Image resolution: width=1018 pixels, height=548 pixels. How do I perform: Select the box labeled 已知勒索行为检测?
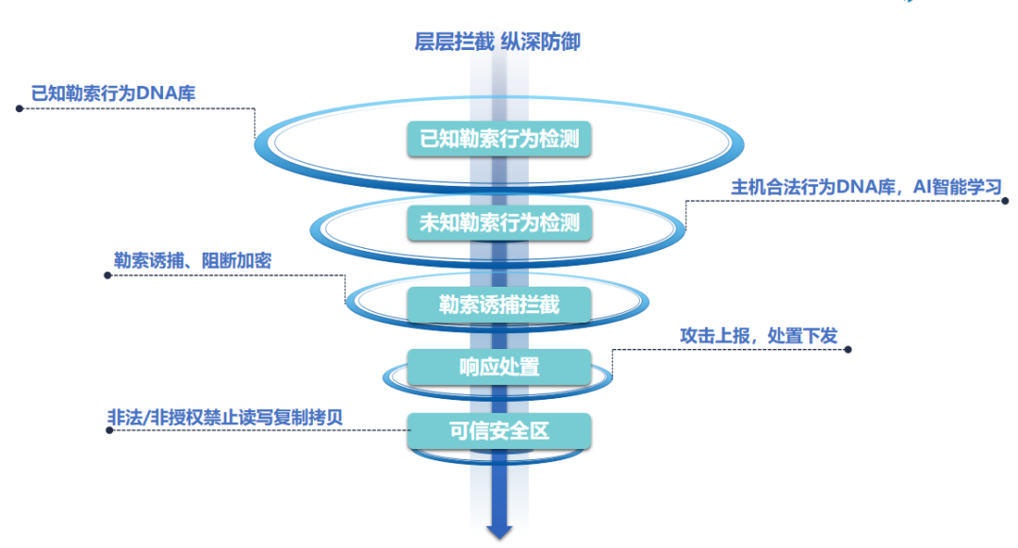pos(500,140)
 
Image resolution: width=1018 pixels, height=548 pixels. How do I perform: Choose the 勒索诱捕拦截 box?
pos(500,305)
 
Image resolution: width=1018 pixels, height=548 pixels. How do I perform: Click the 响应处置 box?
pos(500,367)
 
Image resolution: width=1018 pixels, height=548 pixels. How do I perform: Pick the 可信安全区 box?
pos(500,431)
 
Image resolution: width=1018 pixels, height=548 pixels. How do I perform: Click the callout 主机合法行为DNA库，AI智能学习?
pos(865,186)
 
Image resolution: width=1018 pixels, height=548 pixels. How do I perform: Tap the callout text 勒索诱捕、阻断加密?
pos(192,261)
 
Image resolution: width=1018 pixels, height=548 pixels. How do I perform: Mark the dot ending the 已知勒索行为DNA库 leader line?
pos(19,108)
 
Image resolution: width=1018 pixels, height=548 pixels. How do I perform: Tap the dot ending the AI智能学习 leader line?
pos(1006,200)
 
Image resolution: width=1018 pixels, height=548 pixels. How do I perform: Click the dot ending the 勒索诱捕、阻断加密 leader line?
pos(107,276)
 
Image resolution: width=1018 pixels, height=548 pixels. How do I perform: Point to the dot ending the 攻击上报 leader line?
pos(847,349)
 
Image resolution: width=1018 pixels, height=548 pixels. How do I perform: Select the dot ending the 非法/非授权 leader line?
pos(109,430)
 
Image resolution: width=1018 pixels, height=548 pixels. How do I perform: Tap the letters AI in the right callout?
pos(921,186)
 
